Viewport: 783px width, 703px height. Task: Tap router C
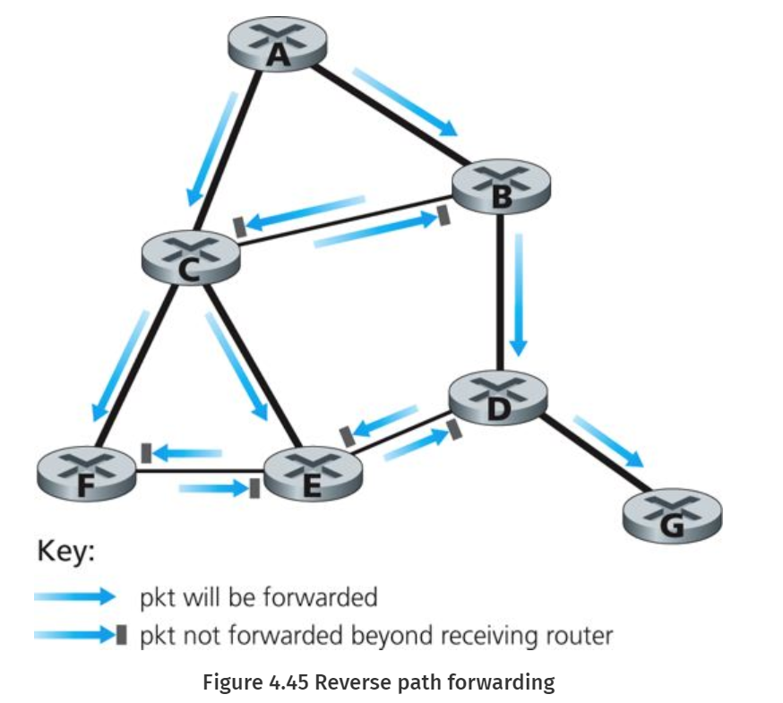point(191,257)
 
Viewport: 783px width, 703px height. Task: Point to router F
point(87,472)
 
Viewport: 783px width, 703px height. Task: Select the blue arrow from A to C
point(211,148)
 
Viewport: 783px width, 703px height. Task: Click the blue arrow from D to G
point(608,441)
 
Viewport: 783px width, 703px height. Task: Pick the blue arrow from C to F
point(121,363)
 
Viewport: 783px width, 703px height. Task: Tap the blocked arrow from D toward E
point(380,424)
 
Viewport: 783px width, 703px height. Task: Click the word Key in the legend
point(65,553)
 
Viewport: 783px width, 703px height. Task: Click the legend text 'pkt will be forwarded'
point(258,596)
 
